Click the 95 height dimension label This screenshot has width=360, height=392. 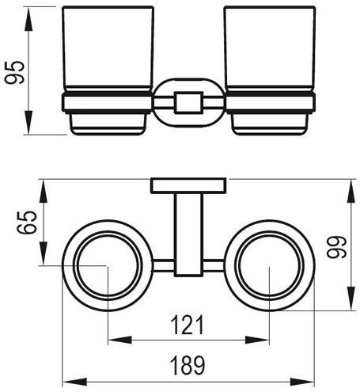15,72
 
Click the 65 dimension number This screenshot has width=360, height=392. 27,223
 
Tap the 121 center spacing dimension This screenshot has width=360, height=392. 188,325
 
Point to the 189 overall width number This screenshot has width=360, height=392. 188,365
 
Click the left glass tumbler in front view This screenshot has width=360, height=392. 108,49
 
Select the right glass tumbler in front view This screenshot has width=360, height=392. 270,49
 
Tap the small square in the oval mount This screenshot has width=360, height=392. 188,103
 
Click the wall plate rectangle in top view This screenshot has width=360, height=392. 188,186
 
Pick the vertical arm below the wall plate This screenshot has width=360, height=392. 188,235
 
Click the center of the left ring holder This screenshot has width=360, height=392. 108,265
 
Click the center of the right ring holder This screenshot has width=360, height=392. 270,265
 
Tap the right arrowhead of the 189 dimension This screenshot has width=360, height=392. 302,382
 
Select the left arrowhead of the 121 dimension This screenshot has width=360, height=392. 120,340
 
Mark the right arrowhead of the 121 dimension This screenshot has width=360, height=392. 257,340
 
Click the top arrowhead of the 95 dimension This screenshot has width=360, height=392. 29,19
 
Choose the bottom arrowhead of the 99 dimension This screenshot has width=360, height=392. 351,299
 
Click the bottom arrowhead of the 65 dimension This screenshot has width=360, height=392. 44,253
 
